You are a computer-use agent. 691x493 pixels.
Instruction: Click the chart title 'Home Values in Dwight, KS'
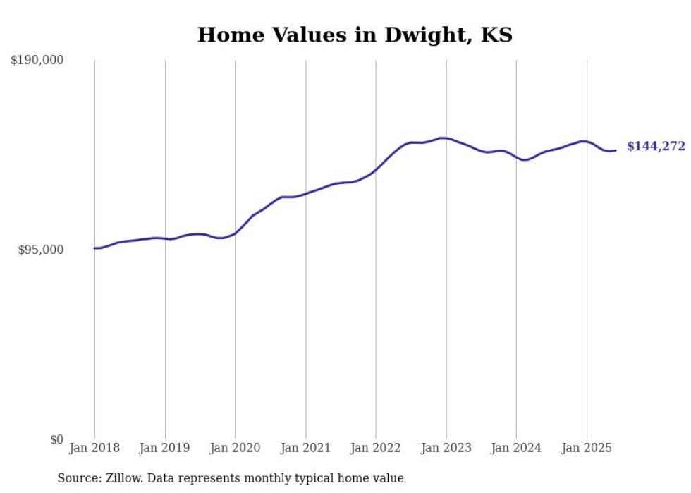355,35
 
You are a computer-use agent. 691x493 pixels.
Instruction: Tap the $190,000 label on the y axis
37,61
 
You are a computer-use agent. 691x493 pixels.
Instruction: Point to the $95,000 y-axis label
41,250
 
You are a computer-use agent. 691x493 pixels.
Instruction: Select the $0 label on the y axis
56,439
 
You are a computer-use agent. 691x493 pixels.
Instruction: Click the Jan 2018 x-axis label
94,448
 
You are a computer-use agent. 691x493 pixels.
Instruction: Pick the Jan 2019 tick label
165,448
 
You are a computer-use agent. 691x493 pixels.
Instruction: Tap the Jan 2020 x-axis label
236,448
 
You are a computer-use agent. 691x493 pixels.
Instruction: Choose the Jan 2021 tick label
305,448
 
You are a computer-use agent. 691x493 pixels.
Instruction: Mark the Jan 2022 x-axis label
376,448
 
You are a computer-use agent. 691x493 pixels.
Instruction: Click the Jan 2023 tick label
446,448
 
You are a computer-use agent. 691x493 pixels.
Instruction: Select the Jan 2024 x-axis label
516,448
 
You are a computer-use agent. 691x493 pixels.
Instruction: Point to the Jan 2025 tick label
587,448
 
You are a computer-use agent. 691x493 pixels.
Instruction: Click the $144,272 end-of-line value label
656,147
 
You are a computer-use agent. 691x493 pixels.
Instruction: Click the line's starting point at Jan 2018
94,248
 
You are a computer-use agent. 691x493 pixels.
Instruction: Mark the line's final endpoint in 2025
616,150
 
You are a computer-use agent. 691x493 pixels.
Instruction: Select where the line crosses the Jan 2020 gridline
236,233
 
